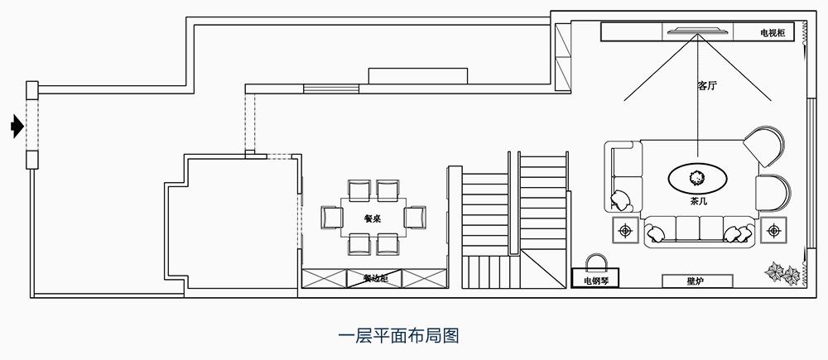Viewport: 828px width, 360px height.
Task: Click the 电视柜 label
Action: click(777, 33)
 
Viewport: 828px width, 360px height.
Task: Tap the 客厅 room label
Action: click(706, 85)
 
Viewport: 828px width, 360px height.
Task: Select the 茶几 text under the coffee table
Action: click(698, 199)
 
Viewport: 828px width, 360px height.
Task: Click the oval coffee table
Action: click(698, 176)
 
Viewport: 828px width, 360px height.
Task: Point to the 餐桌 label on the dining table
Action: click(372, 218)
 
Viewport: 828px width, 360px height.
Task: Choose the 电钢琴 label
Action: click(595, 281)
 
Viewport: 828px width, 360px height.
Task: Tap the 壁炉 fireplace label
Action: click(695, 281)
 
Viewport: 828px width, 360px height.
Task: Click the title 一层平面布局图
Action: click(399, 336)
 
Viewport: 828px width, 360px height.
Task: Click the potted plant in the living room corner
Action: click(783, 272)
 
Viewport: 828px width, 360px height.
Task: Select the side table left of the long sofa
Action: click(624, 229)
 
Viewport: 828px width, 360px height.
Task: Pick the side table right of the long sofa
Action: click(774, 229)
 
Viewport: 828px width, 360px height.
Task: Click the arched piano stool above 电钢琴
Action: click(596, 262)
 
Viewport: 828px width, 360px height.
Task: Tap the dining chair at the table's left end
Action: click(331, 218)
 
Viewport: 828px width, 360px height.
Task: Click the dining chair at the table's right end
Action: click(414, 218)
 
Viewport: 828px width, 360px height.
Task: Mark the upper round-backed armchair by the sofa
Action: click(763, 147)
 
